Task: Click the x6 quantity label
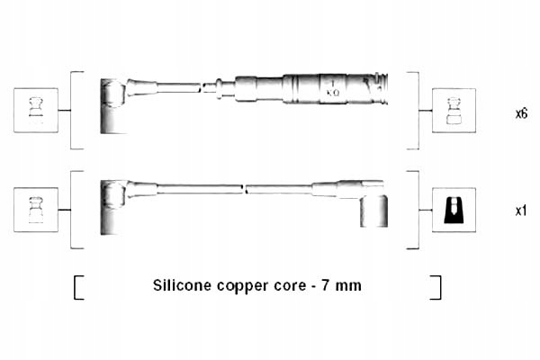tap(520, 114)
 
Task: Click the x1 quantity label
tap(520, 211)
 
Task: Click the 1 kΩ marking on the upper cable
tap(331, 88)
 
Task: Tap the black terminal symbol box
tap(454, 210)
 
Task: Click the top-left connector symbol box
tap(36, 110)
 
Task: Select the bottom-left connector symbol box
tap(36, 210)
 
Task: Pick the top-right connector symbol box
tap(454, 110)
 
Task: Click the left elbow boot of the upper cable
tap(112, 103)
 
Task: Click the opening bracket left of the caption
tap(78, 287)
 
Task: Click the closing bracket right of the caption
tap(436, 287)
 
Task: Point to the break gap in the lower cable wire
tap(245, 190)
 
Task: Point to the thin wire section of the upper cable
tap(178, 87)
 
